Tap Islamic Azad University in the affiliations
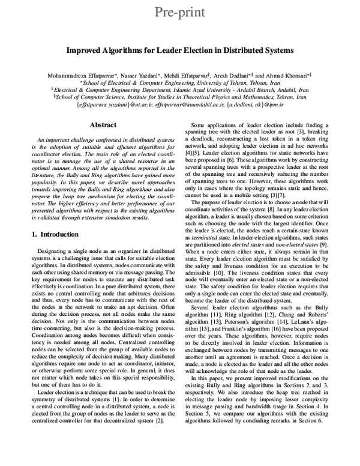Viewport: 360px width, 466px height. click(x=215, y=88)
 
